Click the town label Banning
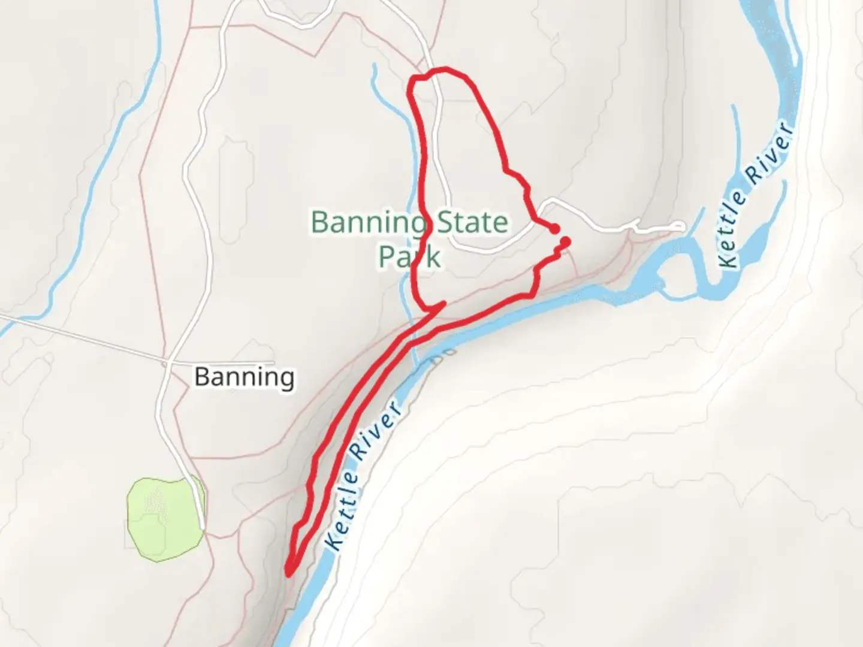[x=245, y=377]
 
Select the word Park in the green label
[x=409, y=256]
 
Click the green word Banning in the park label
[x=368, y=223]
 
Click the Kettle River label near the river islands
[x=756, y=195]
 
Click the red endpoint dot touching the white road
[x=555, y=229]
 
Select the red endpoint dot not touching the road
[x=565, y=241]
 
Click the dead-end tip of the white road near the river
[x=681, y=226]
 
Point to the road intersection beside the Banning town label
[x=167, y=363]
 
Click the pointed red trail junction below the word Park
[x=443, y=304]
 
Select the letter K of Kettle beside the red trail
[x=335, y=542]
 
